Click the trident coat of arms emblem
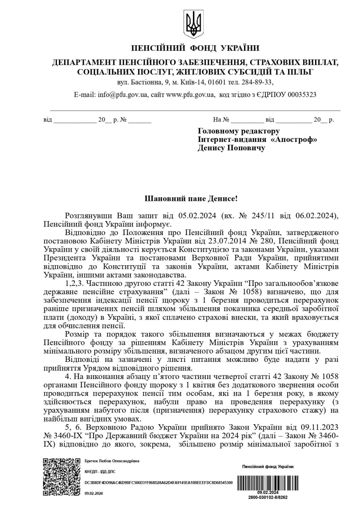point(194,25)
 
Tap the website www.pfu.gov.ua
point(190,95)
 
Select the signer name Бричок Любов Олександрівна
point(112,460)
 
